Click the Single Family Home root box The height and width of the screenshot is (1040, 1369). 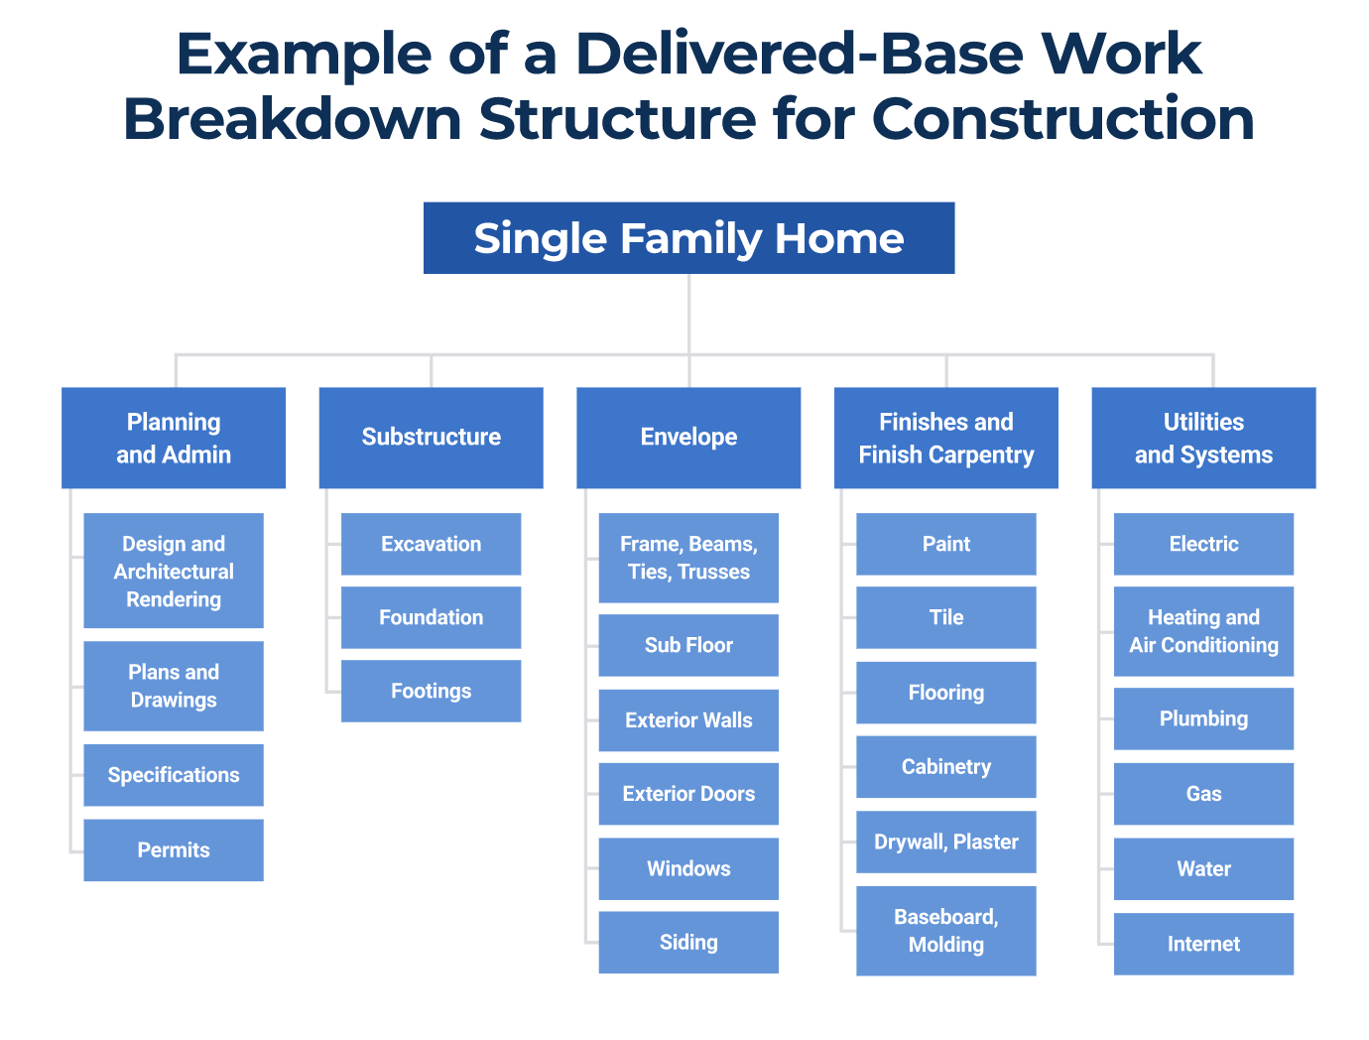[688, 238]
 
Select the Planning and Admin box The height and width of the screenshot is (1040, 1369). [174, 438]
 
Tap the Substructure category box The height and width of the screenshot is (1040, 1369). [431, 438]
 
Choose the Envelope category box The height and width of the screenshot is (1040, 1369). [688, 438]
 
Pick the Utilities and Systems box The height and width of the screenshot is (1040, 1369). [1203, 438]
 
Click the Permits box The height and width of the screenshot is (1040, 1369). [174, 849]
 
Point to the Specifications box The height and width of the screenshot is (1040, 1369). [174, 775]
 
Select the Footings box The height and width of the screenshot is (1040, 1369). [431, 691]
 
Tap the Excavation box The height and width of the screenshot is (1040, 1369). [431, 544]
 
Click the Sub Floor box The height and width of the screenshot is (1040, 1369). [688, 645]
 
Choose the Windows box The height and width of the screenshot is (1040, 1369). [688, 868]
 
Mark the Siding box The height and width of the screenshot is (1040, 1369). [688, 942]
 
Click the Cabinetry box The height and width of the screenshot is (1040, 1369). [945, 766]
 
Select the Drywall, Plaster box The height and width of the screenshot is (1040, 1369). [945, 842]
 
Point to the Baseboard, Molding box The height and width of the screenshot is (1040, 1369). [945, 930]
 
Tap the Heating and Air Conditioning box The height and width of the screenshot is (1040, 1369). [1203, 631]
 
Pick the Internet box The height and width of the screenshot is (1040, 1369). [1203, 944]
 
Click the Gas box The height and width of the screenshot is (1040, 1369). [1203, 794]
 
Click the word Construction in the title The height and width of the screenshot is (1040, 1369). [1062, 119]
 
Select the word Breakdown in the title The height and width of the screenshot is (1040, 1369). [293, 119]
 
